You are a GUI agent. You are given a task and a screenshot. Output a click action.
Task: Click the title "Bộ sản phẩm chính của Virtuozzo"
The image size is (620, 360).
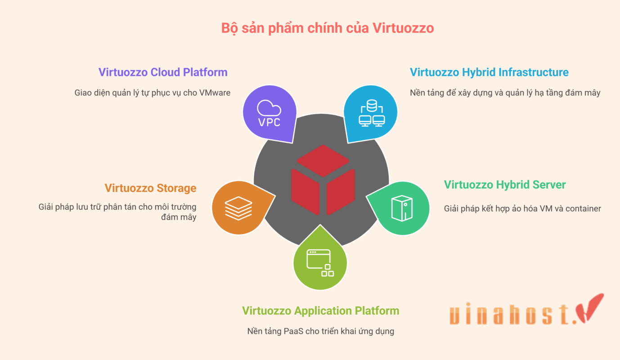pyautogui.click(x=327, y=28)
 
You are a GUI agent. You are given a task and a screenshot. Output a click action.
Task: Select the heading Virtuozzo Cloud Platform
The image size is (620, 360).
pyautogui.click(x=163, y=72)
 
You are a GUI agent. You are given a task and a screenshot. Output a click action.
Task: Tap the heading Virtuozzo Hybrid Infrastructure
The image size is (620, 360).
pyautogui.click(x=489, y=72)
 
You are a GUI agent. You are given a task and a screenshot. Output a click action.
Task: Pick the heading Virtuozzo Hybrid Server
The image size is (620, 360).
pyautogui.click(x=505, y=184)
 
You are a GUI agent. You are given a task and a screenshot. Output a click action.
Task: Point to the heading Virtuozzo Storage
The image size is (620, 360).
pyautogui.click(x=150, y=188)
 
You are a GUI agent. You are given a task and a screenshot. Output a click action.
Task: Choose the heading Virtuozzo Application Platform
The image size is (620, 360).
pyautogui.click(x=320, y=310)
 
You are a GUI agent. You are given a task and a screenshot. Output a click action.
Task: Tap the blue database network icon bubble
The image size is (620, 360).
pyautogui.click(x=371, y=113)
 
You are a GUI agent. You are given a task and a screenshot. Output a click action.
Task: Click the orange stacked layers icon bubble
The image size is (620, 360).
pyautogui.click(x=238, y=208)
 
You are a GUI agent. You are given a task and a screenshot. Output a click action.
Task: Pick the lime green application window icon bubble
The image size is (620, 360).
pyautogui.click(x=320, y=262)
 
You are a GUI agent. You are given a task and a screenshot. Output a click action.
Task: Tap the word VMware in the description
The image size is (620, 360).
pyautogui.click(x=215, y=93)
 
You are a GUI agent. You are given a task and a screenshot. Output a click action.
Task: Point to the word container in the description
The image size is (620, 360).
pyautogui.click(x=583, y=208)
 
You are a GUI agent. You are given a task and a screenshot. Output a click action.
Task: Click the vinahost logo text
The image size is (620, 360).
pyautogui.click(x=513, y=315)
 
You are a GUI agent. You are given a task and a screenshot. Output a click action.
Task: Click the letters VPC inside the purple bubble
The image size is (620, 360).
pyautogui.click(x=269, y=122)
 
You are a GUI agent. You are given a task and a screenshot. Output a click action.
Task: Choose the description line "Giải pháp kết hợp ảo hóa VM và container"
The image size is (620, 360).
pyautogui.click(x=522, y=208)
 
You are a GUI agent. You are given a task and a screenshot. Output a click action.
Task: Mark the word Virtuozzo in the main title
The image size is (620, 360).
pyautogui.click(x=403, y=28)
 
